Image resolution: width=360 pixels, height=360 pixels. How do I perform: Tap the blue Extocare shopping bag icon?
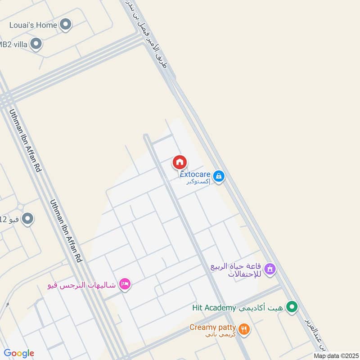point(219,176)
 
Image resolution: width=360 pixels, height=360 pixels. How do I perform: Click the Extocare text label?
point(195,174)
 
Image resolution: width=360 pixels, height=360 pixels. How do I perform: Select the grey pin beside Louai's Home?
point(66,25)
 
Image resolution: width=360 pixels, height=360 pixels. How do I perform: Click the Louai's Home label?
point(33,25)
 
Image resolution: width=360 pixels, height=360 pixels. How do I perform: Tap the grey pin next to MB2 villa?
point(36,44)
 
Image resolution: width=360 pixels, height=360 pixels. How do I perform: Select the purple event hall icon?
point(270,269)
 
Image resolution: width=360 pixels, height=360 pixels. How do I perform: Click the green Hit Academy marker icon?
point(292,307)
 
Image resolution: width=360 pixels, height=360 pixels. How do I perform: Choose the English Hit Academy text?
point(214,308)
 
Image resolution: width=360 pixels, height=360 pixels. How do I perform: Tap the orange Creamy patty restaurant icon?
point(244,329)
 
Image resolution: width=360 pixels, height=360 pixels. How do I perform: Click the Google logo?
point(19,353)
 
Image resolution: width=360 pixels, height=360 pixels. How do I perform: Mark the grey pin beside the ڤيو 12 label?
point(28,219)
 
